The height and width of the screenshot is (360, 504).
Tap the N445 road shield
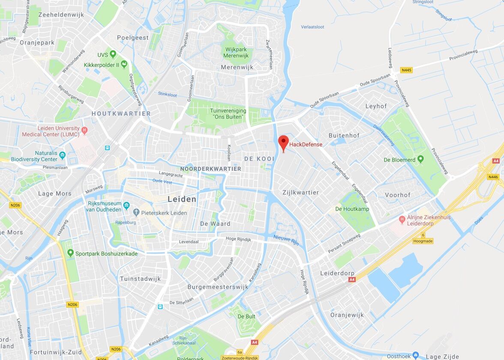(x=406, y=70)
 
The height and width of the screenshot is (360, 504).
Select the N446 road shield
(x=493, y=177)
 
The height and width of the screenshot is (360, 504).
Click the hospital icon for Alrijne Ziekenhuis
(x=402, y=220)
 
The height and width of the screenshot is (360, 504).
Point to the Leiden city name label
(x=182, y=199)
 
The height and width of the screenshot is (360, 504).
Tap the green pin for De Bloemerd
(x=420, y=159)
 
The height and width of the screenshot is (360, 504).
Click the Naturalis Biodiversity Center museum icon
(x=63, y=155)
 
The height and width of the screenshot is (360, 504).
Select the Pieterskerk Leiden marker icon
(x=136, y=213)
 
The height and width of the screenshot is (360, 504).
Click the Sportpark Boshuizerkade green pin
(x=70, y=253)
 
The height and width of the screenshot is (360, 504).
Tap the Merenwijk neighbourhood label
(x=237, y=67)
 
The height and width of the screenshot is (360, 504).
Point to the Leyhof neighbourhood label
(x=376, y=106)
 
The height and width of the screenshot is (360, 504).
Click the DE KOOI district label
(x=259, y=159)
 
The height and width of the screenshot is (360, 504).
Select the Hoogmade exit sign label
(x=423, y=241)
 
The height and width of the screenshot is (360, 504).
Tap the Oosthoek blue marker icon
(x=415, y=356)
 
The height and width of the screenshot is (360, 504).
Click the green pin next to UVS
(x=113, y=54)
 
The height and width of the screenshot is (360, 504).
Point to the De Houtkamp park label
(x=352, y=209)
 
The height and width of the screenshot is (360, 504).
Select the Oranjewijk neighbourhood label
(x=347, y=315)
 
